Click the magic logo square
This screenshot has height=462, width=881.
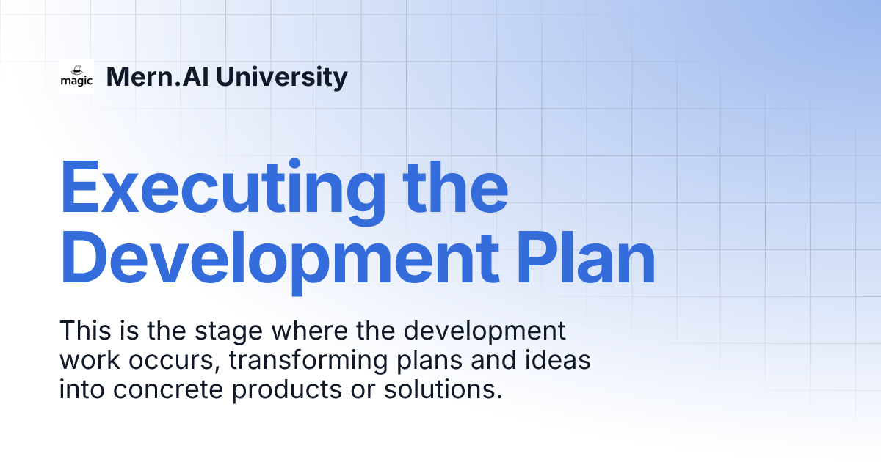click(76, 76)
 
